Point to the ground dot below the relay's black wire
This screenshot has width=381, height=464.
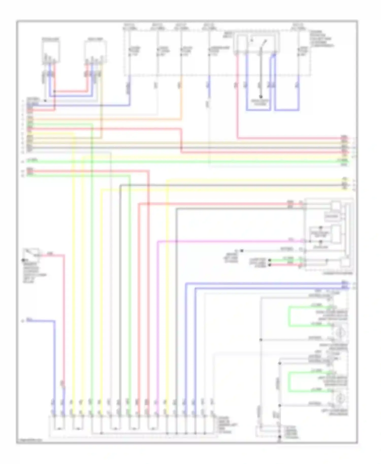261,97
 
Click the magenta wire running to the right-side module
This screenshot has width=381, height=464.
229,241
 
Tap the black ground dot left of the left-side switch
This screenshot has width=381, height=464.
23,260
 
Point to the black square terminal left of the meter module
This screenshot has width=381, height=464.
242,251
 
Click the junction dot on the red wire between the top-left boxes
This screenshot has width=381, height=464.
55,91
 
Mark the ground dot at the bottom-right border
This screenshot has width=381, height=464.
279,437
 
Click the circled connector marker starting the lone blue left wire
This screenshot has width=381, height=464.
23,321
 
